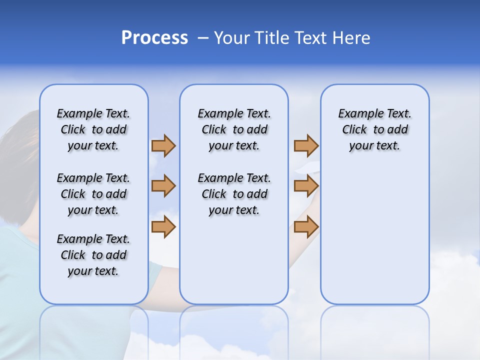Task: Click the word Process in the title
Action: [x=154, y=38]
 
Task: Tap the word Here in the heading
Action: [x=350, y=38]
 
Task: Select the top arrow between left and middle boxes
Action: [x=163, y=146]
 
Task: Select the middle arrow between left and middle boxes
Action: [x=163, y=186]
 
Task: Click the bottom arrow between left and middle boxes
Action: [x=163, y=226]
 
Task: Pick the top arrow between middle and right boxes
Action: [x=306, y=146]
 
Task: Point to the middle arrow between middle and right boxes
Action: [x=306, y=186]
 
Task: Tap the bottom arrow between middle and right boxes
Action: [x=306, y=226]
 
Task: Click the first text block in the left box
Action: [x=93, y=129]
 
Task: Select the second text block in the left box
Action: [x=93, y=194]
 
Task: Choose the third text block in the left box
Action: [x=93, y=255]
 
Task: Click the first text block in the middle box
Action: [x=234, y=129]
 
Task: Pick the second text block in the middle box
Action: [x=234, y=194]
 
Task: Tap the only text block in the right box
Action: [x=375, y=129]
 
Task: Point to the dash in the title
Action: [x=203, y=38]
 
